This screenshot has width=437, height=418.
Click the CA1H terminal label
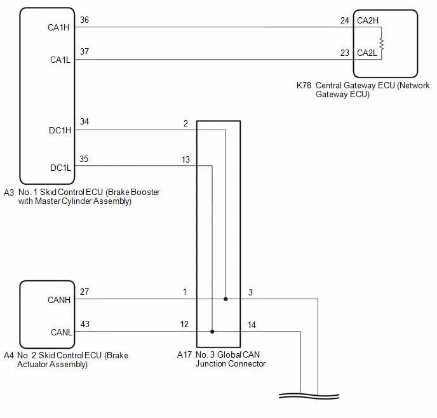58,27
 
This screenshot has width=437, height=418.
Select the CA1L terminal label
60,60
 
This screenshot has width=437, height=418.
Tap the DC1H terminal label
60,130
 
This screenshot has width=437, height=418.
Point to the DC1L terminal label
60,168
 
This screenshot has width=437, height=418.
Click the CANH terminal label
59,300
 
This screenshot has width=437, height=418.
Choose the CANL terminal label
62,332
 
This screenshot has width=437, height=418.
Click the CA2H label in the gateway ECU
368,20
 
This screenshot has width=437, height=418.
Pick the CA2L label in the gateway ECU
367,53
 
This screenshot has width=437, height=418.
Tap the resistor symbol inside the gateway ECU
382,44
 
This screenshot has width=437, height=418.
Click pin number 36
84,20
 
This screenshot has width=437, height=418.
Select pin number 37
84,51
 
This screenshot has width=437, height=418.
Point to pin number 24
345,20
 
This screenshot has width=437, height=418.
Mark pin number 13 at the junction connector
185,159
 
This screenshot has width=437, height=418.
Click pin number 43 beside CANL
85,324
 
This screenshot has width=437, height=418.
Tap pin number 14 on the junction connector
252,325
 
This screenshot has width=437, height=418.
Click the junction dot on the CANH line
225,299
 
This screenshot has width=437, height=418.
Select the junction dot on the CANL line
212,332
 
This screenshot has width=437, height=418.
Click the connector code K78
304,85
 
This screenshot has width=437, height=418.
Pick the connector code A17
184,354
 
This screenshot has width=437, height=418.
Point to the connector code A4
9,355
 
